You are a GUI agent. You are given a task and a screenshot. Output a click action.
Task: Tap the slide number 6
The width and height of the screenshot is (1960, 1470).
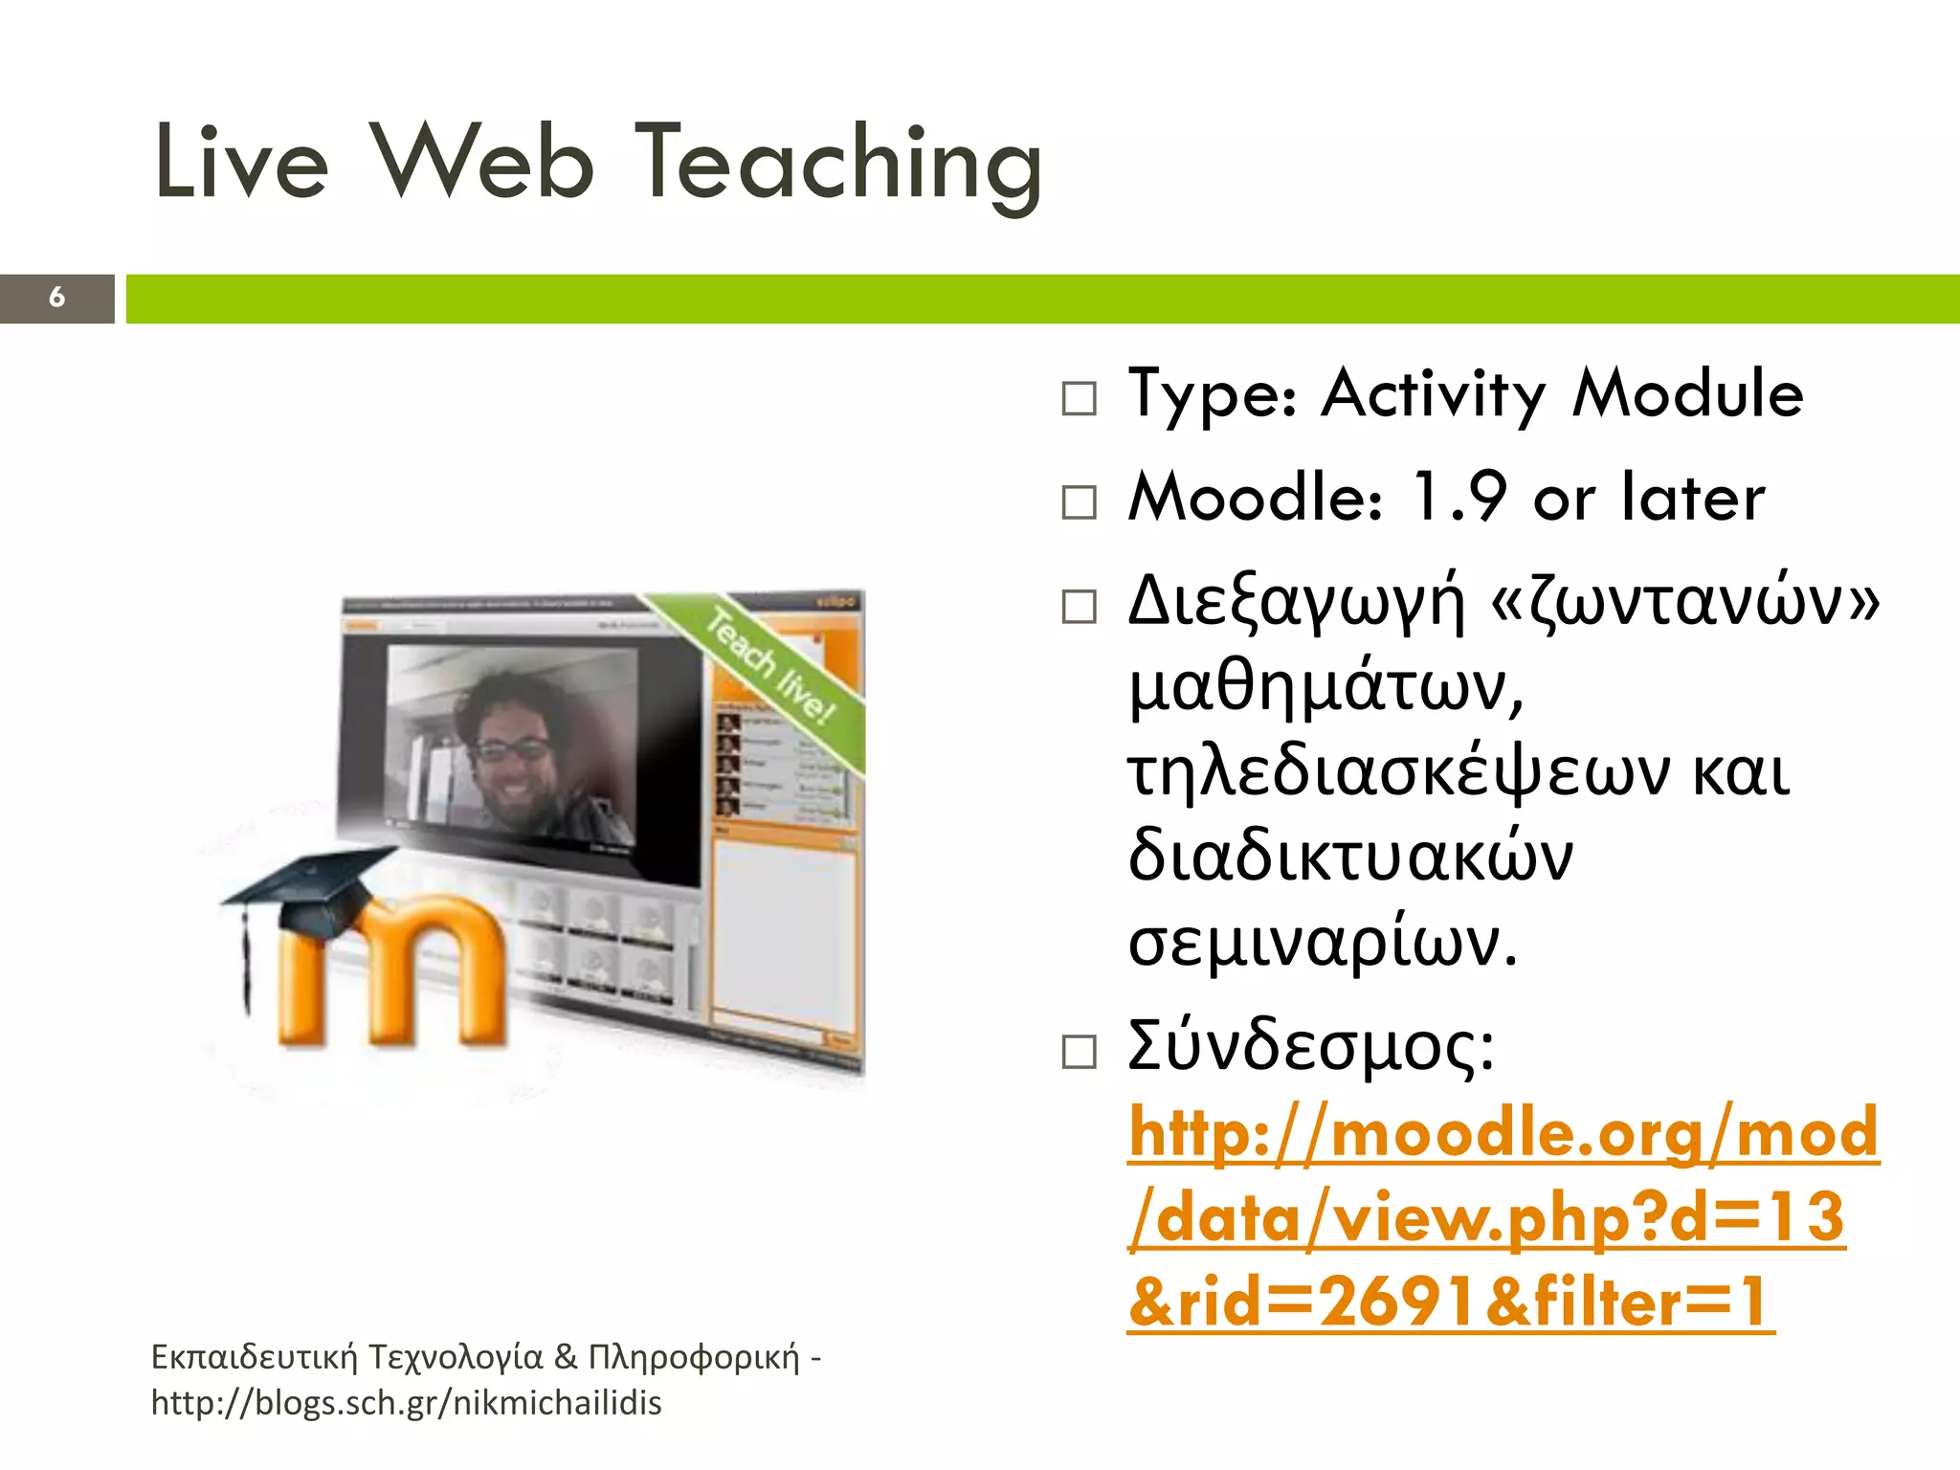click(56, 298)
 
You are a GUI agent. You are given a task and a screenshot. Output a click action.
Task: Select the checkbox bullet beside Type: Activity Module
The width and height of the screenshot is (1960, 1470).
click(1079, 398)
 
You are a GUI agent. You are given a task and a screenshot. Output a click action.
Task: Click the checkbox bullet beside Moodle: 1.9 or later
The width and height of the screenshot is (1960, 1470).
click(1079, 502)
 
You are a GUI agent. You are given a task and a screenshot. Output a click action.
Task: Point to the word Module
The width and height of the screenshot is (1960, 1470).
click(1688, 394)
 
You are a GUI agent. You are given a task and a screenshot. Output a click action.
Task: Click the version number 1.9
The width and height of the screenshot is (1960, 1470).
click(1459, 497)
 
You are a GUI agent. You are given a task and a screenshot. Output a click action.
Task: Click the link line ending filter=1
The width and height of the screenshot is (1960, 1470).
click(1450, 1303)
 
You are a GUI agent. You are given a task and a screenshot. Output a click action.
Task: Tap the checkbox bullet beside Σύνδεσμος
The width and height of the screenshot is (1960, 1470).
click(1079, 1052)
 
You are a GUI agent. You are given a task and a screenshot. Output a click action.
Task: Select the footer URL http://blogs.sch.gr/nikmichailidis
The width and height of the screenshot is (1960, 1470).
click(407, 1403)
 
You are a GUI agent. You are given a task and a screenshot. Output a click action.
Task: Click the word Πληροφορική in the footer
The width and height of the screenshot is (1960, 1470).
click(693, 1357)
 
